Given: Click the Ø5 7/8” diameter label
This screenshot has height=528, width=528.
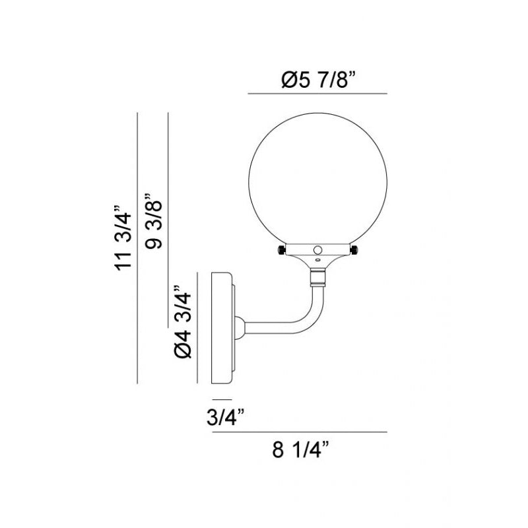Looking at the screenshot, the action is click(x=319, y=80).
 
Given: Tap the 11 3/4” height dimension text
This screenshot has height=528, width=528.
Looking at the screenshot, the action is click(x=123, y=238).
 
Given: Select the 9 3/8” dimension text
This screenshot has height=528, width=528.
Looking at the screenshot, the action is click(x=153, y=220).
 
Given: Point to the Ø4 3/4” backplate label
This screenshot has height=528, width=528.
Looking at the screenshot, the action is click(x=183, y=322).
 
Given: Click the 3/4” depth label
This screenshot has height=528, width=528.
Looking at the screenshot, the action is click(x=225, y=417).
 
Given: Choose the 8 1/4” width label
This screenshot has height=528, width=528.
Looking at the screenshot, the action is click(x=300, y=449).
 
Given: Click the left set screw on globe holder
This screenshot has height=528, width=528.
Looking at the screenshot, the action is click(x=282, y=250).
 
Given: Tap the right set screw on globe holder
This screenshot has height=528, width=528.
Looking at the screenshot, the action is click(x=354, y=250).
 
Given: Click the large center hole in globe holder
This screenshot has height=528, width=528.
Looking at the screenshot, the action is click(x=317, y=250).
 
